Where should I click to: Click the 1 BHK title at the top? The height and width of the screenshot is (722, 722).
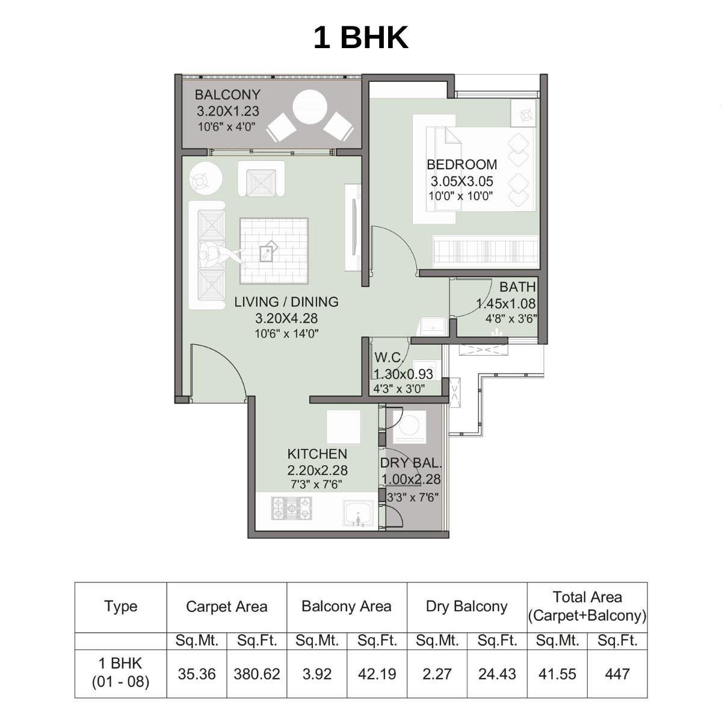[x=360, y=37]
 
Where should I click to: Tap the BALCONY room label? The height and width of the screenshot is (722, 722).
[x=227, y=95]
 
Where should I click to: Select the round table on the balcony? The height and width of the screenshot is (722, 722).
[x=309, y=107]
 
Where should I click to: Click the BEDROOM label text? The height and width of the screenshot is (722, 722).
[x=461, y=165]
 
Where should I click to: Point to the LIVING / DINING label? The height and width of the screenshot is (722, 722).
[x=286, y=302]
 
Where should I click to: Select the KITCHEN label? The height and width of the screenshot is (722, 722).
[x=317, y=454]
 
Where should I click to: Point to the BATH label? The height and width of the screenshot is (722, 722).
[x=517, y=288]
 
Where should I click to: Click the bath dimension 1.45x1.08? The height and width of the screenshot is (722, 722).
[x=506, y=304]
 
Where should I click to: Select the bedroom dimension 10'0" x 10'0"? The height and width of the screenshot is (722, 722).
[x=461, y=196]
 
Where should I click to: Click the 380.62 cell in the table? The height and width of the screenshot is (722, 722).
[x=257, y=674]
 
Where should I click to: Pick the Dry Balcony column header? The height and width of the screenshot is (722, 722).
[x=466, y=606]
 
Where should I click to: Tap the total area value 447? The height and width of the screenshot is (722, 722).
[x=617, y=674]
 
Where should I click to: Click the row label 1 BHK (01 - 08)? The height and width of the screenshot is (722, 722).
[x=120, y=673]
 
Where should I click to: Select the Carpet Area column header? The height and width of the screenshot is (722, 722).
[x=226, y=606]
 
